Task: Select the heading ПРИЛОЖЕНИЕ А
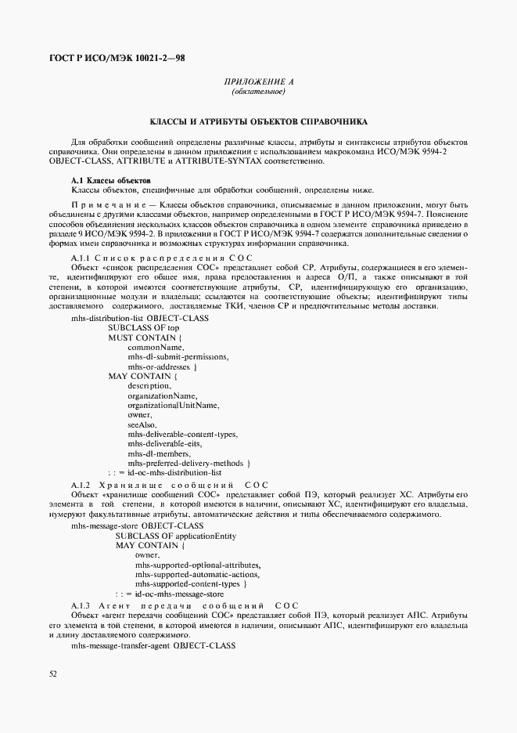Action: click(258, 82)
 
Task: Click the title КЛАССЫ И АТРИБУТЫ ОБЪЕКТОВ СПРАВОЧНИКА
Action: click(258, 123)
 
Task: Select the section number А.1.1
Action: click(81, 258)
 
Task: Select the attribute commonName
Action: click(156, 346)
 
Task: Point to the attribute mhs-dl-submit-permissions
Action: click(178, 356)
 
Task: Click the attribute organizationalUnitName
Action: click(173, 405)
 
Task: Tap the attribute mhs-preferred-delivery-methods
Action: click(188, 463)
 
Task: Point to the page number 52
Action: click(52, 673)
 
